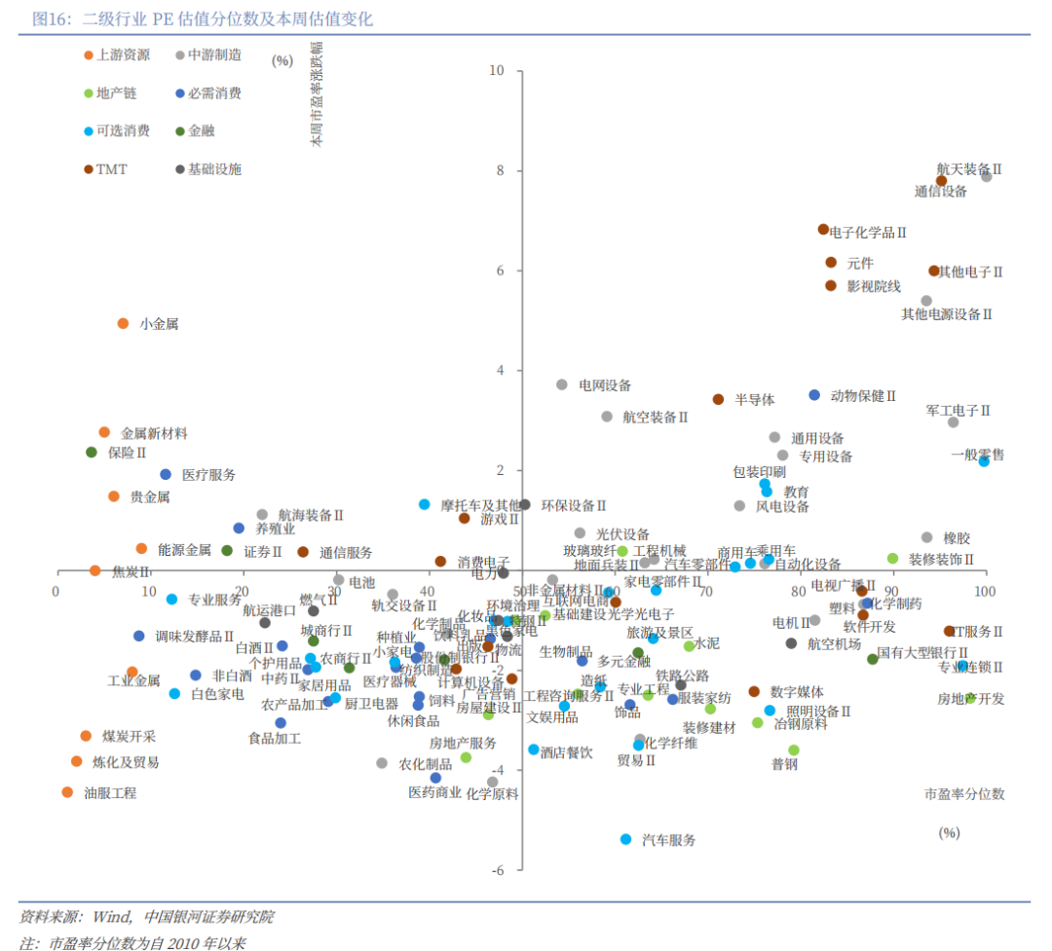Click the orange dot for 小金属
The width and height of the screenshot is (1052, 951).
pos(123,323)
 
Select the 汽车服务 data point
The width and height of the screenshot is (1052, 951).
pos(626,839)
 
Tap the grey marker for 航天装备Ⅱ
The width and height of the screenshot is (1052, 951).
pos(986,176)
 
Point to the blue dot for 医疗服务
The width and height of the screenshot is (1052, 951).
pos(166,474)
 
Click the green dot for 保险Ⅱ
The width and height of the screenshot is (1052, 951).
pos(92,452)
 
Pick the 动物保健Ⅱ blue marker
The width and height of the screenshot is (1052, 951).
pos(814,395)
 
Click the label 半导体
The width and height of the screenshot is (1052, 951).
pos(755,399)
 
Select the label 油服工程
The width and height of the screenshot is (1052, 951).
pos(110,793)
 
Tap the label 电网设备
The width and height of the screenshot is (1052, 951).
pos(605,385)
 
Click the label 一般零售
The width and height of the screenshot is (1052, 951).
pos(978,455)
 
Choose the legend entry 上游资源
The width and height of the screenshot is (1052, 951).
pos(123,55)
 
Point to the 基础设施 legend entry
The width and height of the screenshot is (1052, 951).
pos(214,169)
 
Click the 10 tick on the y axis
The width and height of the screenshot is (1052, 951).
pos(497,71)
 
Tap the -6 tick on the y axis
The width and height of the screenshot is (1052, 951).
pos(497,870)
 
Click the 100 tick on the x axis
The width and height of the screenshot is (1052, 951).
pos(985,592)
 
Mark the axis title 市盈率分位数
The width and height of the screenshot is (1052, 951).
pos(964,794)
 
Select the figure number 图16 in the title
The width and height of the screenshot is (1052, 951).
pos(49,18)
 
